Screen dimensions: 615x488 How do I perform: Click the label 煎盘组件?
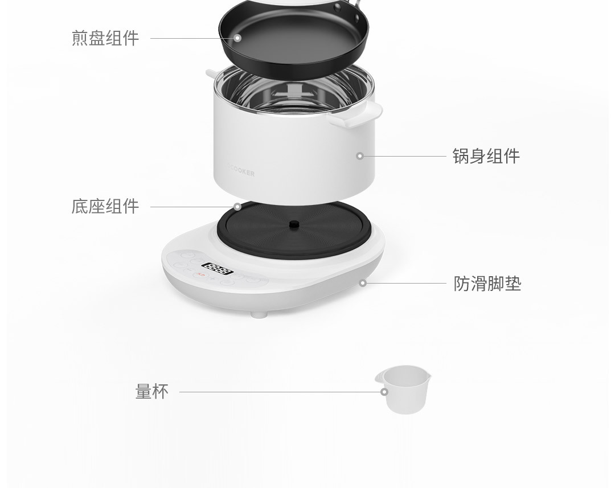(105, 38)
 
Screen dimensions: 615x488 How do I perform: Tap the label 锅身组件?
(486, 155)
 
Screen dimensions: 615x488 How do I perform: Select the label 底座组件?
(105, 206)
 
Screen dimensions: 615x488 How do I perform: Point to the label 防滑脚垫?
(487, 283)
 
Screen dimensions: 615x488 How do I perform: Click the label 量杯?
(152, 392)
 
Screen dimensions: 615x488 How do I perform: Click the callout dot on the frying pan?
(237, 38)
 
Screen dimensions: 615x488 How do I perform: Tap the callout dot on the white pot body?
(360, 156)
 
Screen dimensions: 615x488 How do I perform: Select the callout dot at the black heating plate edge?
(237, 207)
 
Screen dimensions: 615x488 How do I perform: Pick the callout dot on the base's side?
(363, 283)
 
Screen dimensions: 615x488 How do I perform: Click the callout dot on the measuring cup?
(384, 392)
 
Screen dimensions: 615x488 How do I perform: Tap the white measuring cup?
(403, 389)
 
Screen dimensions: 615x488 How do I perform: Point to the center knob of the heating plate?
(294, 224)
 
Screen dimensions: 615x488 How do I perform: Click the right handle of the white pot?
(355, 114)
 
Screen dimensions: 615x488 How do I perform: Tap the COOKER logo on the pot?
(241, 173)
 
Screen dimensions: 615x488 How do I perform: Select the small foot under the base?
(259, 314)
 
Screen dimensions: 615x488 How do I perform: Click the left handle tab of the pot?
(211, 72)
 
